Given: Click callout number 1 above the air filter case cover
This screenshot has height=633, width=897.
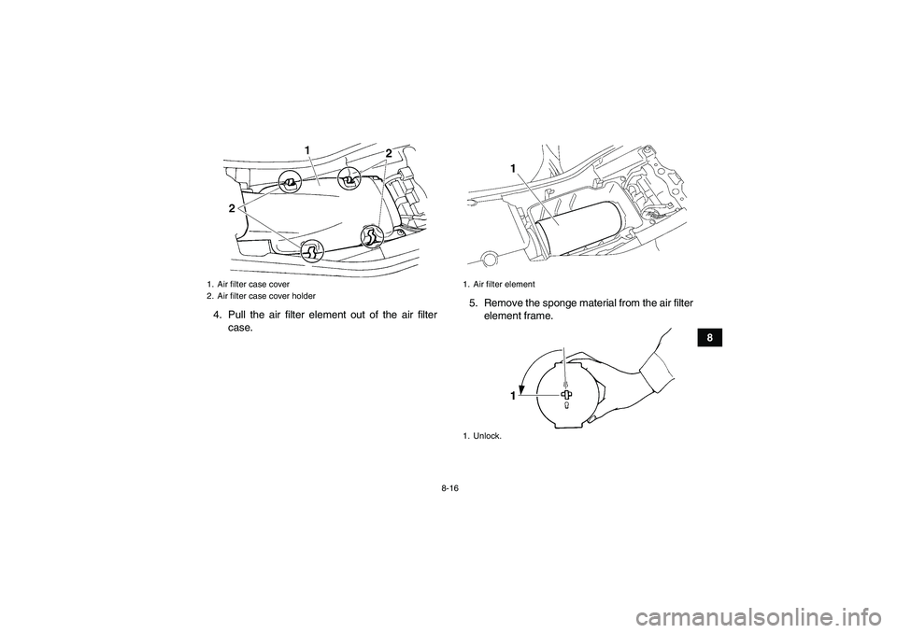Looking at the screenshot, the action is [307, 149].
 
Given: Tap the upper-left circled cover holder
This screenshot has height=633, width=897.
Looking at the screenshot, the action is [291, 183].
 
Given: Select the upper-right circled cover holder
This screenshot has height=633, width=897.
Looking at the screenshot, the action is [349, 180].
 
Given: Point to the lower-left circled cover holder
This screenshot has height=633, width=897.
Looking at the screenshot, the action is [312, 250].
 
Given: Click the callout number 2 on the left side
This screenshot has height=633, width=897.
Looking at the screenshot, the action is [232, 209].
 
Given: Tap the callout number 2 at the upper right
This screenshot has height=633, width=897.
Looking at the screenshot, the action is [389, 153].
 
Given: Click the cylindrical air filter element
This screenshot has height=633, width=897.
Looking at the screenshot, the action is [577, 229].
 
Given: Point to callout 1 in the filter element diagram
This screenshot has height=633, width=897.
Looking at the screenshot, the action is [514, 168].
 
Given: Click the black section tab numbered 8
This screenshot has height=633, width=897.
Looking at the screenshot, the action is [709, 337].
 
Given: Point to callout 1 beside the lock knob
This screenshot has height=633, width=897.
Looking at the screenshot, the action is [514, 396].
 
